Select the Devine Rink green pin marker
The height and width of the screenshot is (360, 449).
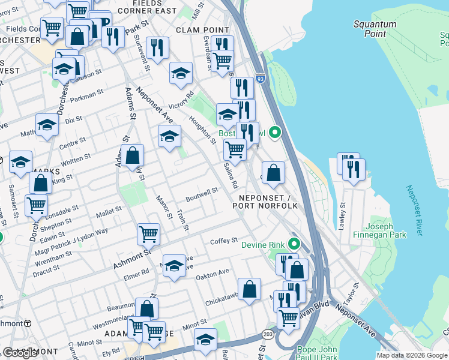tap(294, 244)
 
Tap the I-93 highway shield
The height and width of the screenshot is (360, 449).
tap(259, 61)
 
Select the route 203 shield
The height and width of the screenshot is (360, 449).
tap(267, 334)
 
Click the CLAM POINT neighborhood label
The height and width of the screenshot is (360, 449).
tap(202, 30)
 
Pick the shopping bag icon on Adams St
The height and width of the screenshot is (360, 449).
tap(132, 157)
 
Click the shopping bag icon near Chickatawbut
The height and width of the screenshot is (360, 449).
tap(249, 290)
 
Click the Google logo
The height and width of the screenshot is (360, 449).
tap(19, 353)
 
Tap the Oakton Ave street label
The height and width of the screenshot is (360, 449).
tap(212, 272)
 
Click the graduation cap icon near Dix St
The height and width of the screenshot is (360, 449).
tap(47, 126)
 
